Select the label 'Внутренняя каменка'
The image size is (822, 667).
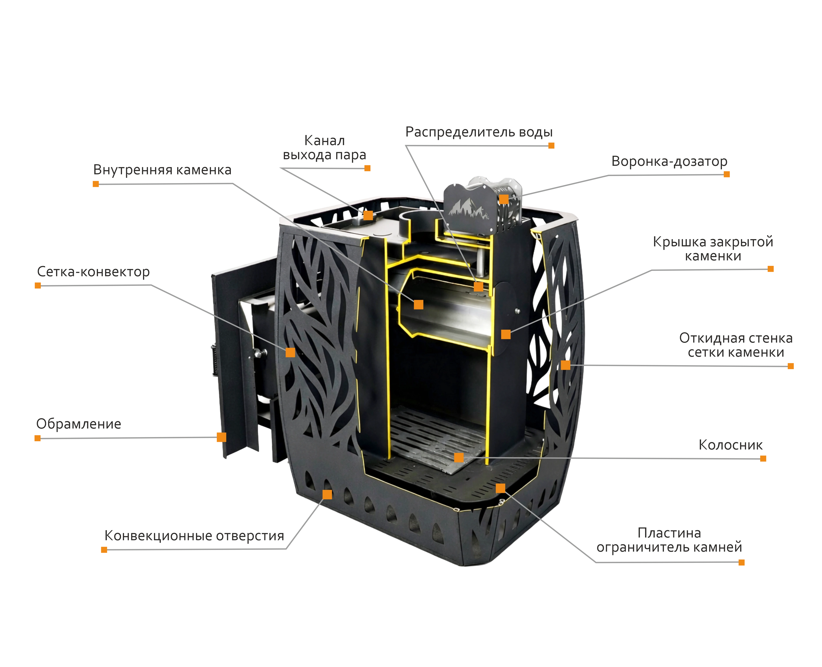pos(162,170)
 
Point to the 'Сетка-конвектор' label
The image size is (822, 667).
pos(93,272)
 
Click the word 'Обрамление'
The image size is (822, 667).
pos(79,424)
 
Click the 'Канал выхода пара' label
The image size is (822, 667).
pos(324,148)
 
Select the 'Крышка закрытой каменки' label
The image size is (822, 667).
pos(713,249)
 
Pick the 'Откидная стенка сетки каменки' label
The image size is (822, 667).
pos(736,345)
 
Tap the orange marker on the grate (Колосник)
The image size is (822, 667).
pos(459,457)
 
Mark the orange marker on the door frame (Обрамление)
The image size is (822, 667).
pos(221,437)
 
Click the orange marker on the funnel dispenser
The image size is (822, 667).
pos(504,199)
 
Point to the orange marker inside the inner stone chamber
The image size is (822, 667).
pos(419,305)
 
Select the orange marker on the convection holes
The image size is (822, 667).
pos(327,494)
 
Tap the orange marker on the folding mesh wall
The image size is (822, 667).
pos(566,365)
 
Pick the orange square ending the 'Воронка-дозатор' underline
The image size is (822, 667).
pos(727,174)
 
